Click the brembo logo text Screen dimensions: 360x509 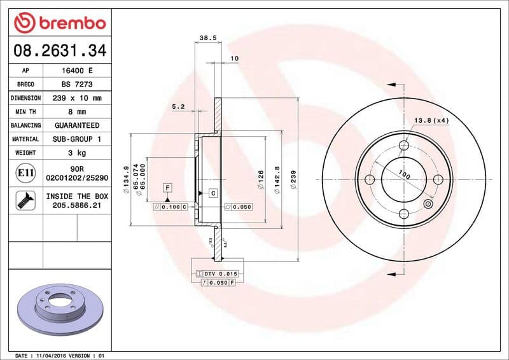[68, 24]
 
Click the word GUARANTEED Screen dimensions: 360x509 [76, 125]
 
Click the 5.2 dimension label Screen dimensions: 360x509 [178, 107]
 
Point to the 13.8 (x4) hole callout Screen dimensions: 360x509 [431, 120]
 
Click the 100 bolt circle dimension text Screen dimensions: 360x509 [403, 174]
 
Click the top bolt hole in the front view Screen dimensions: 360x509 [404, 146]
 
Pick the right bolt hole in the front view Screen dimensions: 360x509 [438, 179]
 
